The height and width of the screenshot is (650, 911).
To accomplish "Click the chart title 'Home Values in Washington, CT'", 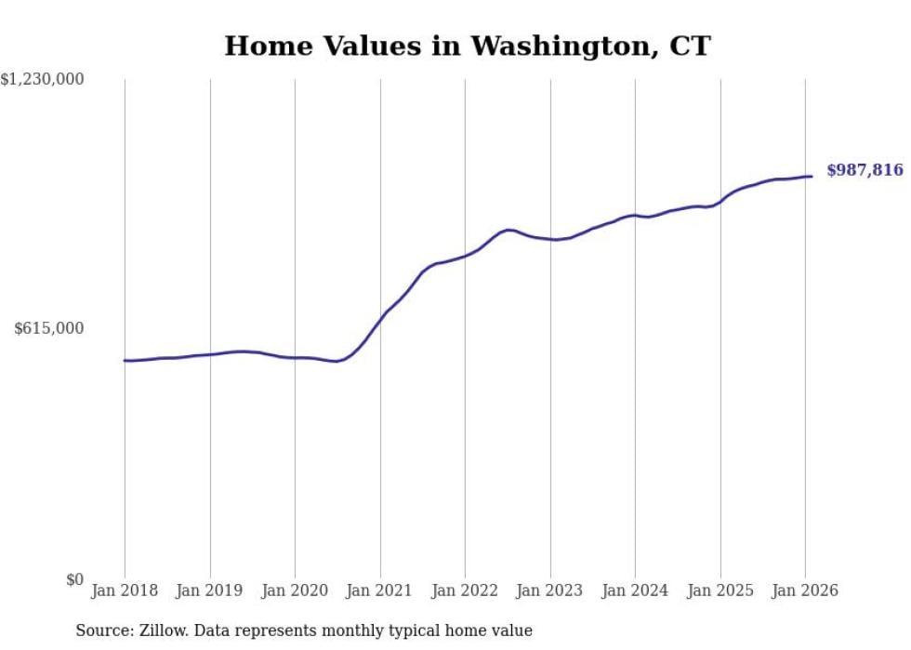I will (x=468, y=46).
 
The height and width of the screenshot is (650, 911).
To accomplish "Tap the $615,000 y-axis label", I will (x=49, y=328).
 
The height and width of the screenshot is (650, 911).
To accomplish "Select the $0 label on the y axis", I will (x=74, y=579).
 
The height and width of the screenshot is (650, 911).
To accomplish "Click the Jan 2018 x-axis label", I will (x=125, y=590).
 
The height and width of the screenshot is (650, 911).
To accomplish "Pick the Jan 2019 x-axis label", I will (x=210, y=590).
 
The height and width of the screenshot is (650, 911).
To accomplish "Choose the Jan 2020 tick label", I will (x=295, y=590).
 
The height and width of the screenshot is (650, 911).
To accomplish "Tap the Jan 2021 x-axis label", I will (x=380, y=590).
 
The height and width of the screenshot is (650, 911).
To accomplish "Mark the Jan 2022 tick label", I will (x=465, y=590).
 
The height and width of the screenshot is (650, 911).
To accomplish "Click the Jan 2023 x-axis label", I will (x=550, y=590).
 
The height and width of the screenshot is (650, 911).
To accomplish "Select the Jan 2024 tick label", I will (x=635, y=590).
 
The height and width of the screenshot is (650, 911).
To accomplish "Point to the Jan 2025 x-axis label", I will (x=720, y=590).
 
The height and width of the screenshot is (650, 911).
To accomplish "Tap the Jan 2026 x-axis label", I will (x=804, y=590).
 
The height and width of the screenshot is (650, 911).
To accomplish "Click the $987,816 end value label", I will (x=865, y=169).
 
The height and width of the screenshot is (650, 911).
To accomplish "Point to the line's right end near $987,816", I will (x=812, y=176).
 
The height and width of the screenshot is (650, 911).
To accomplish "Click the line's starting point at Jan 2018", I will (x=125, y=361).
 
